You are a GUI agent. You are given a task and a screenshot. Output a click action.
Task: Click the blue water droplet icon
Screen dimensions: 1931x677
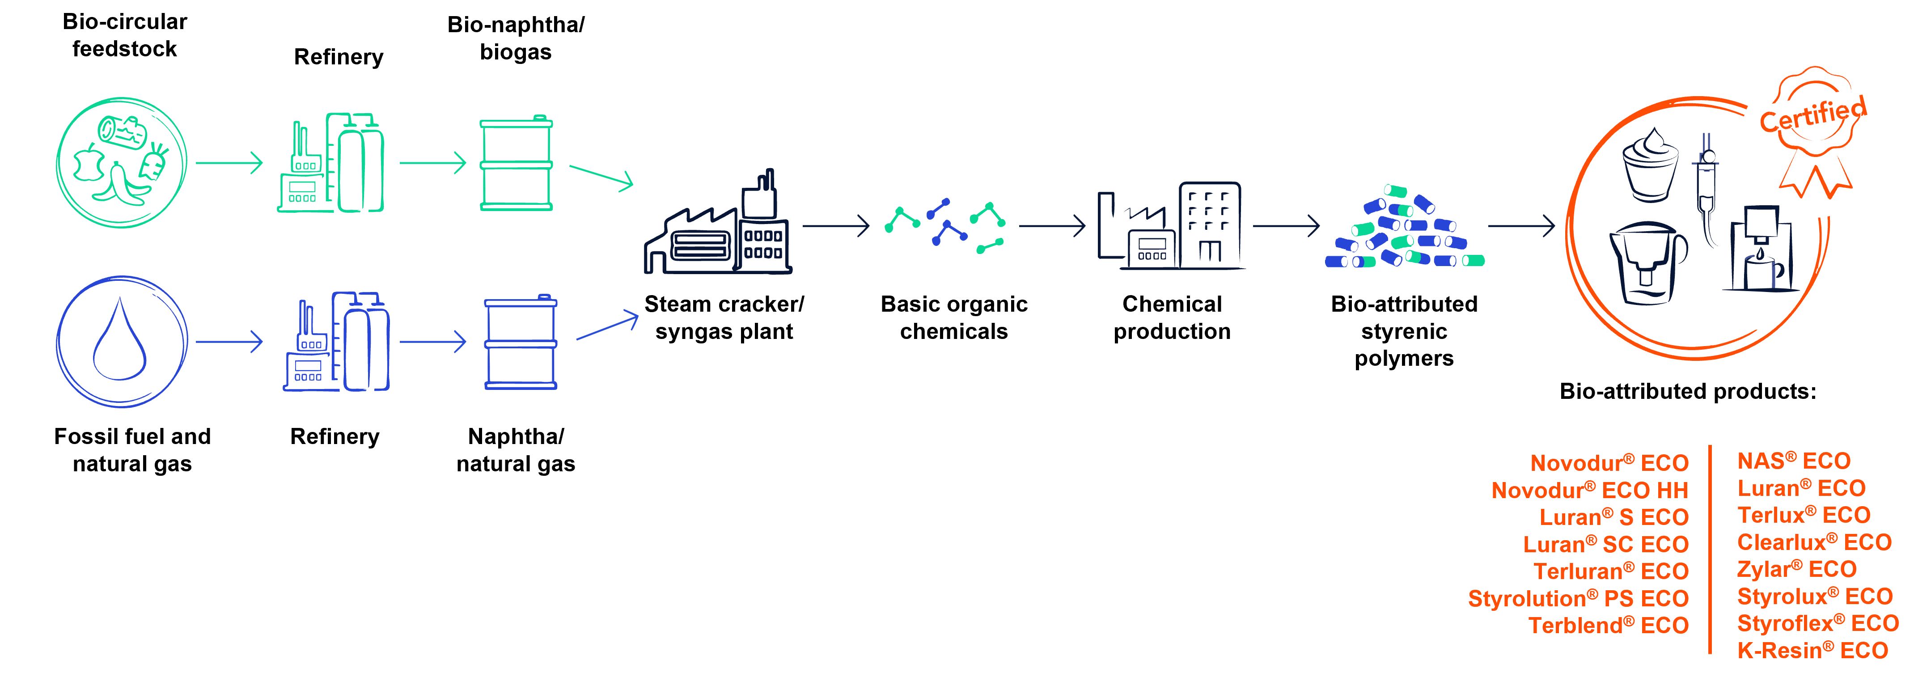click(x=120, y=341)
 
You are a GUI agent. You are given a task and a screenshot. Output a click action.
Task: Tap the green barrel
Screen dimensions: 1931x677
click(x=516, y=164)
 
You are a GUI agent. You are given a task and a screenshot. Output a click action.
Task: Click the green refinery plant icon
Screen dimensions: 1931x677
click(x=331, y=164)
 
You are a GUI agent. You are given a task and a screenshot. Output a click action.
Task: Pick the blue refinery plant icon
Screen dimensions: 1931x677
click(x=336, y=342)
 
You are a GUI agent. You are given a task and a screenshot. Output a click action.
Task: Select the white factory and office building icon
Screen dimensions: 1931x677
click(x=1169, y=225)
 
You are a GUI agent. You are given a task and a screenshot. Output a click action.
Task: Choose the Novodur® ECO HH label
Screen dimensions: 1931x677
click(x=1589, y=491)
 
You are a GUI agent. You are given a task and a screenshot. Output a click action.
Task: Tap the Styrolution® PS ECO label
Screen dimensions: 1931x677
click(x=1578, y=598)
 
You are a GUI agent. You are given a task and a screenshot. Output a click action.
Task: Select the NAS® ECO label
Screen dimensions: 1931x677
click(x=1794, y=460)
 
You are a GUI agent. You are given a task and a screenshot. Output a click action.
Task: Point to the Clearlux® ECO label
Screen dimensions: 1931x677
click(x=1814, y=542)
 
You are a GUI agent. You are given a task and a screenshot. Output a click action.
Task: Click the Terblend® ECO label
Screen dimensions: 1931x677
click(x=1608, y=625)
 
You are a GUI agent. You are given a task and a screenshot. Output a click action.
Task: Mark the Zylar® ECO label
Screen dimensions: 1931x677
click(x=1796, y=569)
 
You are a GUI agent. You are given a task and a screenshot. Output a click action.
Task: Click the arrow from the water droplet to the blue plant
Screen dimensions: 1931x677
click(x=229, y=342)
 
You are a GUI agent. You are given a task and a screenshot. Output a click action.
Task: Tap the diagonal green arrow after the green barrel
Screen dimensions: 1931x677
click(x=601, y=177)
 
